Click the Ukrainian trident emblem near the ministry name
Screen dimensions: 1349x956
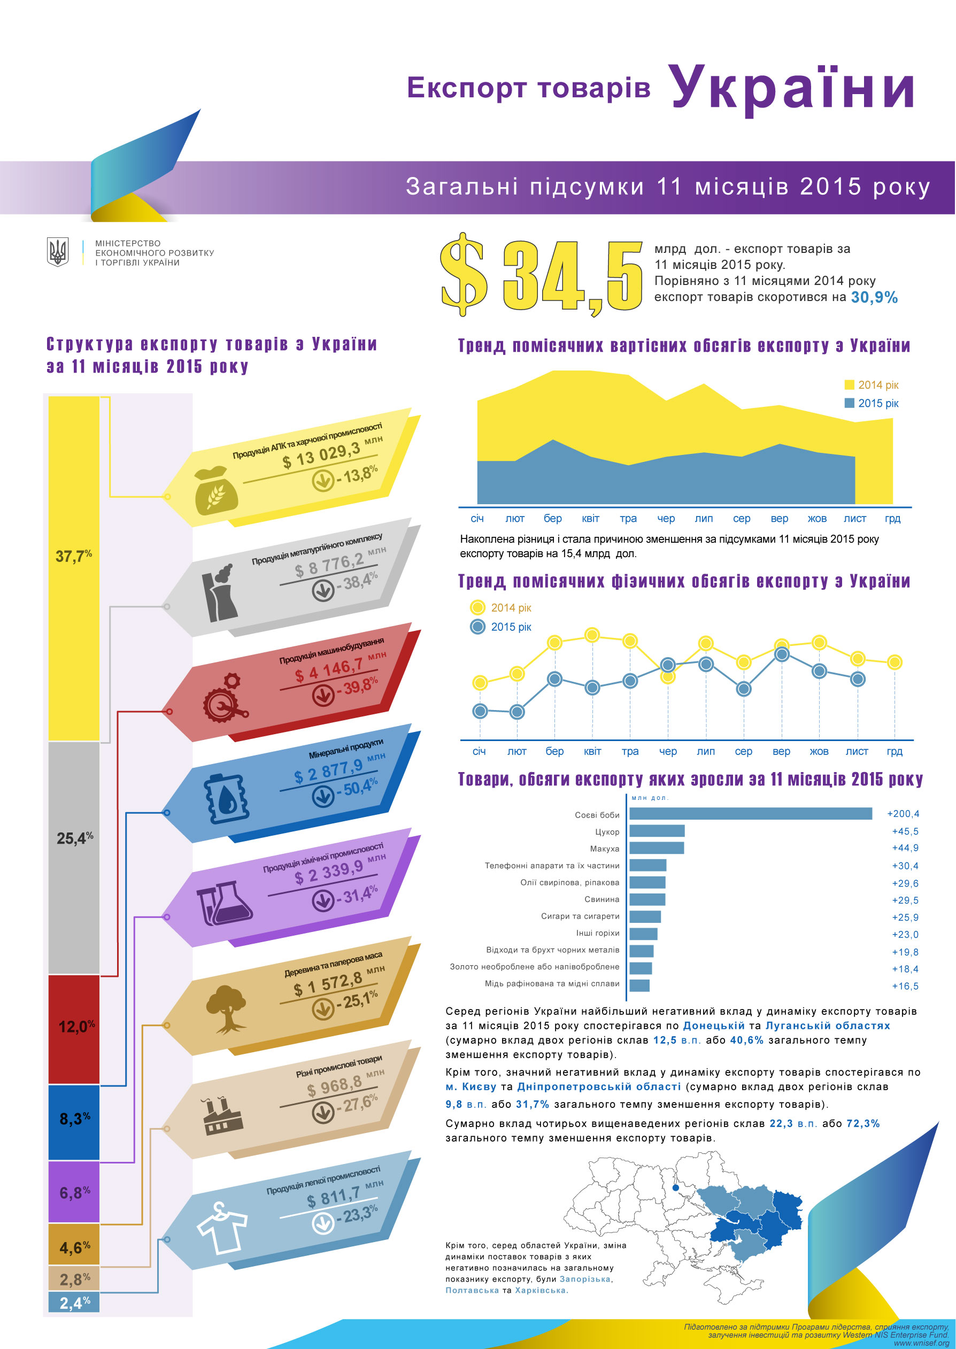58,252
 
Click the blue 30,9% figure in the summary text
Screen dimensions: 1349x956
874,298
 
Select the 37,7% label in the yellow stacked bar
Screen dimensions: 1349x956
74,556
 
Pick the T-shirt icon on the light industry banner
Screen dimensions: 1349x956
221,1227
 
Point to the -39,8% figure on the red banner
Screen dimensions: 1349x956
357,687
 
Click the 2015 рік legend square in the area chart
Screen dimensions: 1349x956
850,403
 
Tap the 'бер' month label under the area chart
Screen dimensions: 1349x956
552,519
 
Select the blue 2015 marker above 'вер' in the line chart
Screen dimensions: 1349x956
782,654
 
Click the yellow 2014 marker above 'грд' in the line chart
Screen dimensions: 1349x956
894,662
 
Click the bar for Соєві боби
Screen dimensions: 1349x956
750,813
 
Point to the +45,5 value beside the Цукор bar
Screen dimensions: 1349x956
905,831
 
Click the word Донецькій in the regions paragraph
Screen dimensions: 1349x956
713,1026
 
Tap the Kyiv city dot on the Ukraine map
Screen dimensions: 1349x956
676,1188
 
